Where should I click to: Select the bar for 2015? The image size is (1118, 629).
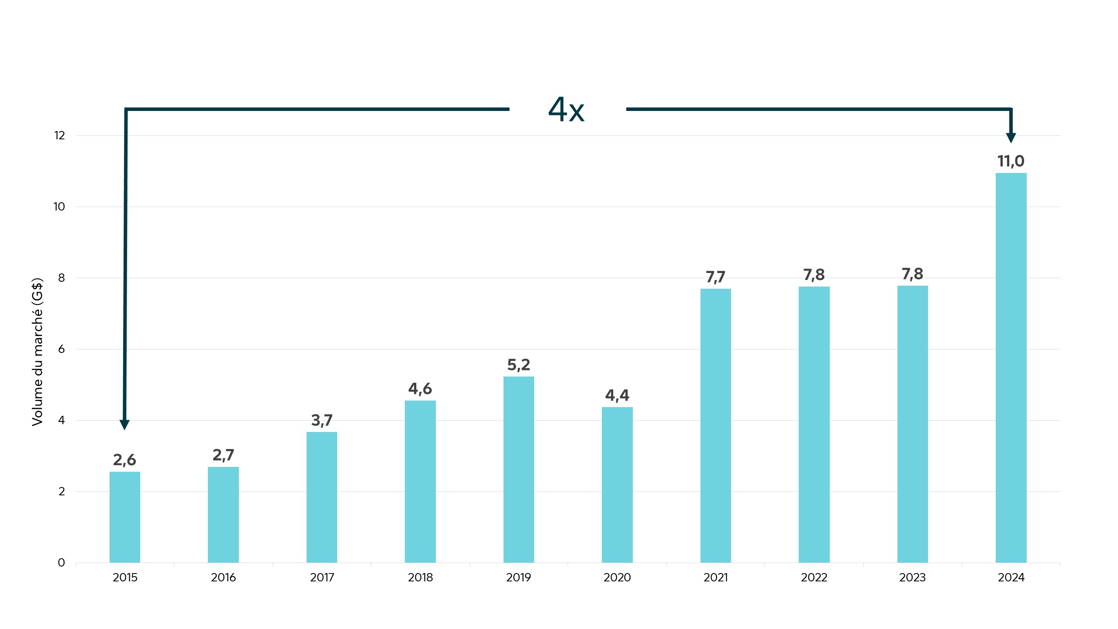pos(125,517)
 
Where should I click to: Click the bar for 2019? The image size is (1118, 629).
pos(518,470)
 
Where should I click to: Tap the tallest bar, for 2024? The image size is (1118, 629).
pos(1011,368)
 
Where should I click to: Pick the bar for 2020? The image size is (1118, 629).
pos(617,485)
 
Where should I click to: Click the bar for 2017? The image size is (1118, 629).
pos(322,497)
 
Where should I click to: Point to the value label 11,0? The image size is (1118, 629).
pos(1011,161)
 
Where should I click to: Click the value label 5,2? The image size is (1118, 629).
pos(518,365)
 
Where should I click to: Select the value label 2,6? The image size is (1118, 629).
pos(125,460)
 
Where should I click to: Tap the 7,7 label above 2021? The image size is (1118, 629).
pos(715,277)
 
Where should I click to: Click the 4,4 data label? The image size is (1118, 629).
pos(617,395)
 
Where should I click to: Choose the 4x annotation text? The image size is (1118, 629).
pos(566,110)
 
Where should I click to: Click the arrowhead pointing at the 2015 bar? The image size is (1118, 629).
pos(124,425)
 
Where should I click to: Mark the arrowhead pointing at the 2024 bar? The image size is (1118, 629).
pos(1011,138)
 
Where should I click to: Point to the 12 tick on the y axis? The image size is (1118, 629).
pos(59,136)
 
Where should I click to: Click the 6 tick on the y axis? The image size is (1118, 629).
pos(61,349)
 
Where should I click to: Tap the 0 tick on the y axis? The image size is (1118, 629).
pos(61,563)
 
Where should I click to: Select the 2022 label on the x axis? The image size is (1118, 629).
pos(814,577)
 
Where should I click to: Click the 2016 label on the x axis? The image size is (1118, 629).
pos(223,577)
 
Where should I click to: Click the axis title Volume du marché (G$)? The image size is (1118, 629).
pos(38,352)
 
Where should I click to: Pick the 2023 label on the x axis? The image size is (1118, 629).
pos(912,577)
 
